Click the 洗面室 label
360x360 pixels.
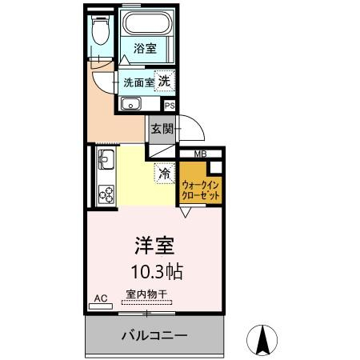point(136,82)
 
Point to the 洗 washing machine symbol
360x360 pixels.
point(164,81)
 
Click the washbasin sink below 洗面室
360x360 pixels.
point(130,105)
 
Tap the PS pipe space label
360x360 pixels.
point(169,105)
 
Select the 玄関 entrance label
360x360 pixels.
point(159,127)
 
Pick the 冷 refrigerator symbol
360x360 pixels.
point(165,173)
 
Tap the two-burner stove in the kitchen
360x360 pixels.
point(106,193)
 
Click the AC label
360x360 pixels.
point(101,298)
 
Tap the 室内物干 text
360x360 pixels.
point(146,294)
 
